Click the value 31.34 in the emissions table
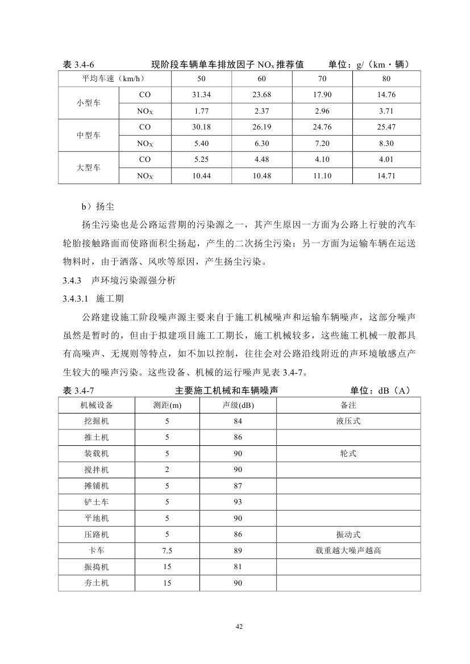[202, 94]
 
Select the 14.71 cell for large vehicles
[386, 176]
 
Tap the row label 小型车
[89, 103]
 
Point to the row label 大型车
[89, 168]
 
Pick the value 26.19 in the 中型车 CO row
[262, 127]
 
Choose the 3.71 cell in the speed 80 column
[386, 111]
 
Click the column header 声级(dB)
[238, 405]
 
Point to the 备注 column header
[348, 405]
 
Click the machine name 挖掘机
[97, 421]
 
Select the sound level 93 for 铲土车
[238, 502]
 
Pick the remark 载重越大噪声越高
[348, 550]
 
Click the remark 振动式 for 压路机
[348, 534]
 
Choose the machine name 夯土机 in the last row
[97, 583]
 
